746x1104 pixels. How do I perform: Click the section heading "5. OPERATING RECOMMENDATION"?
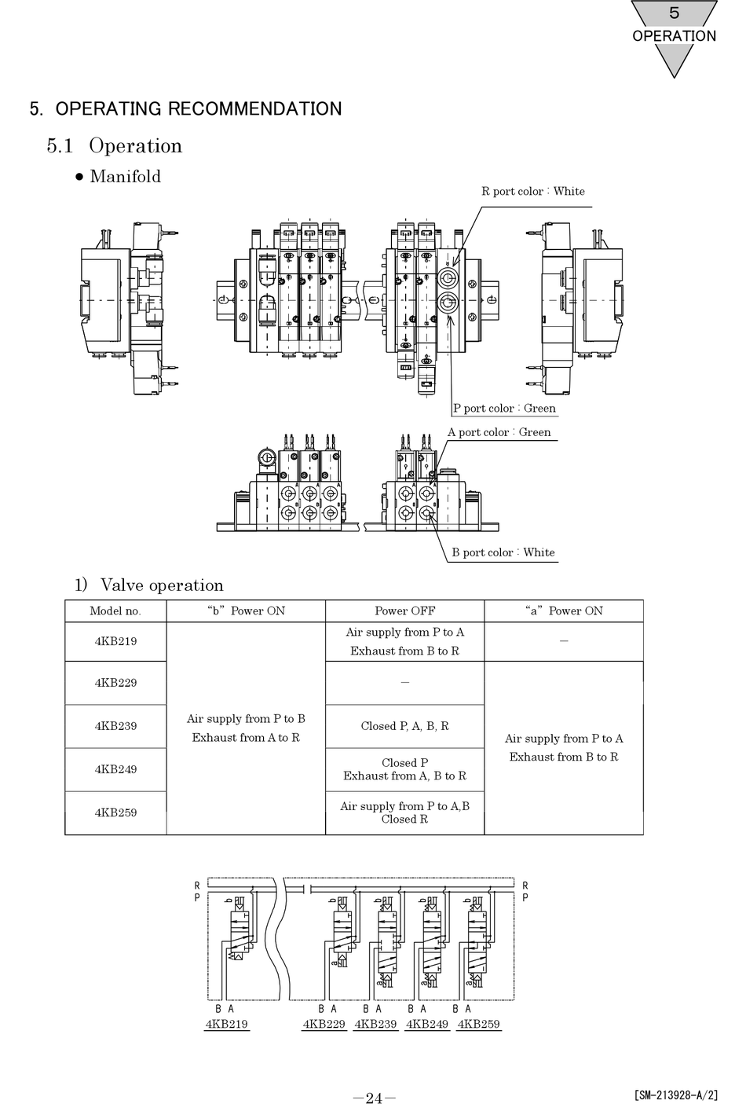tap(186, 109)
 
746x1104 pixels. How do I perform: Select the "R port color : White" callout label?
tap(532, 191)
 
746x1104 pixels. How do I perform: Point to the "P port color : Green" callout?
tap(504, 408)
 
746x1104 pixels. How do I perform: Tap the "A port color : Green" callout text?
tap(499, 432)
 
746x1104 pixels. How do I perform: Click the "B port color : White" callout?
tap(503, 552)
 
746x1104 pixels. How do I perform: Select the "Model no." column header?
tap(115, 611)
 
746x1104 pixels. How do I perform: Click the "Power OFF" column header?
tap(404, 611)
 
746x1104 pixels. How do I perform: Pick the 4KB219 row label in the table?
tap(115, 641)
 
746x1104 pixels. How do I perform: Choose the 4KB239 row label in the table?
tap(115, 726)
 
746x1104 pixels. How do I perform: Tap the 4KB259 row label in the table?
tap(115, 812)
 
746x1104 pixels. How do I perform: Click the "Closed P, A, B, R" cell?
tap(404, 726)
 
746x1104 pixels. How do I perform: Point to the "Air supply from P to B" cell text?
tap(246, 719)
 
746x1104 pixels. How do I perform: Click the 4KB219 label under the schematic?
tap(226, 1024)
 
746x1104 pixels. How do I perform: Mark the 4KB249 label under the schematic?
tap(426, 1024)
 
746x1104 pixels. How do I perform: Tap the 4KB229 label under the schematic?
tap(324, 1024)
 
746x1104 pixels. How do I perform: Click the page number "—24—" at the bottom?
tap(374, 1098)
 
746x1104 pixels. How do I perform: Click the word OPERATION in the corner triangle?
tap(674, 36)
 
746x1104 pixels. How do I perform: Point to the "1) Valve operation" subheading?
tap(149, 585)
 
